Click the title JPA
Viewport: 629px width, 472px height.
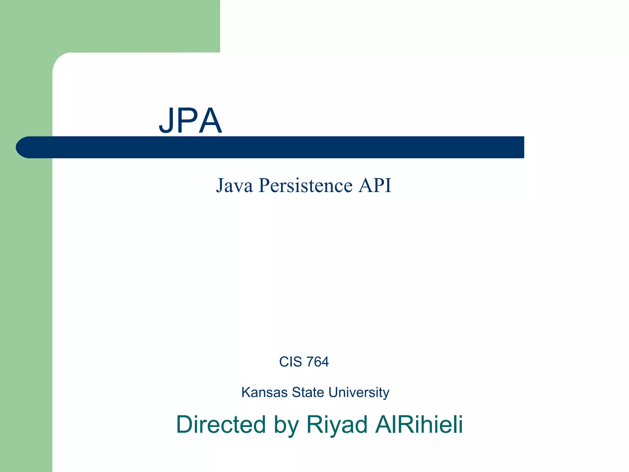pos(190,121)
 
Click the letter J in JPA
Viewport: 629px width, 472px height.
pos(166,121)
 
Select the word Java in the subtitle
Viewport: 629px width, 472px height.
pos(235,185)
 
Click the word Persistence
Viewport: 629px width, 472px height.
pos(305,185)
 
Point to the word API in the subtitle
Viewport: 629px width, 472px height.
pos(375,185)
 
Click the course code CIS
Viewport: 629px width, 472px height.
pos(290,362)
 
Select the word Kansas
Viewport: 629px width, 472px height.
pos(264,392)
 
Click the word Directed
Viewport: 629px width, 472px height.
pos(221,424)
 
